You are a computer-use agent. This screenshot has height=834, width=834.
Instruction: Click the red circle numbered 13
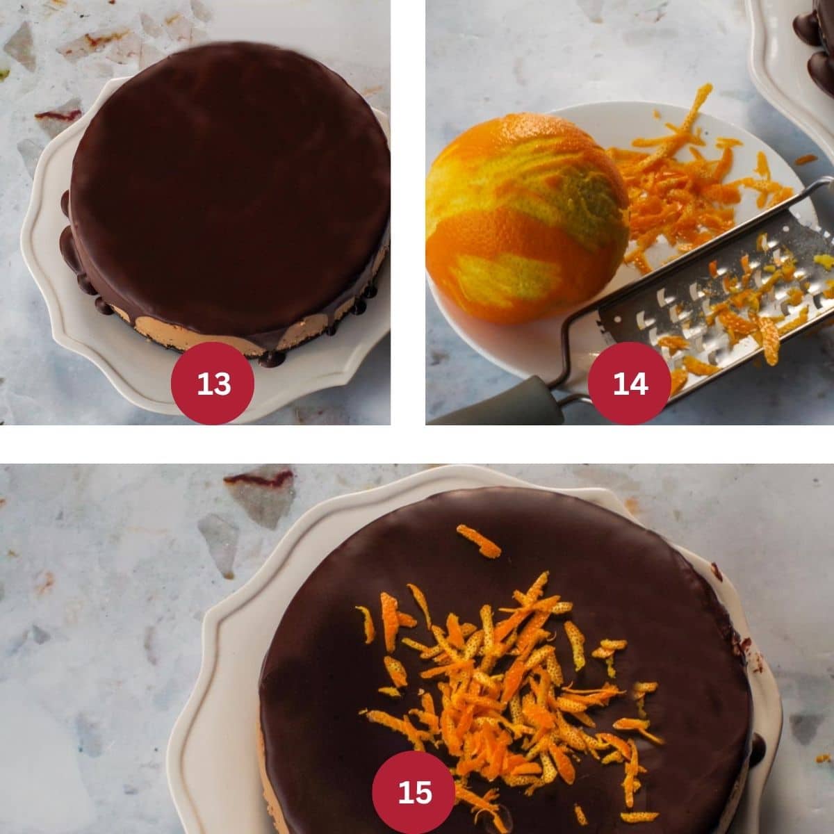tap(213, 383)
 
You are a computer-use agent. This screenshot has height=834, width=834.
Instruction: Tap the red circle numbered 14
tap(630, 383)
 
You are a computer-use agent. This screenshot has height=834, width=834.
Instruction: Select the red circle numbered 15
tap(414, 792)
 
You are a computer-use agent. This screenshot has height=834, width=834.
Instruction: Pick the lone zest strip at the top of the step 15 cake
tap(478, 541)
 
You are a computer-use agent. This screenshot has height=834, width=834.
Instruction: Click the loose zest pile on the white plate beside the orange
tap(681, 181)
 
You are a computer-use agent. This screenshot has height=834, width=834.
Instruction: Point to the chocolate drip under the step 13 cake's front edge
tap(272, 359)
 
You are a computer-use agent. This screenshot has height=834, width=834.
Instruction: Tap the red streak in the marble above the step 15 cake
tap(259, 479)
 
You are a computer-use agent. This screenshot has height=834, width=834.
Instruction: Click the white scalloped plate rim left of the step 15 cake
tap(202, 695)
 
